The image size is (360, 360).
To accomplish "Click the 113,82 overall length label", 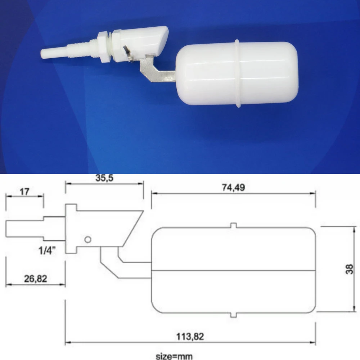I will [190, 337].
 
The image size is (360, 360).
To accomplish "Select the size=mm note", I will [174, 356].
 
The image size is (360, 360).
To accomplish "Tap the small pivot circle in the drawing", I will [87, 239].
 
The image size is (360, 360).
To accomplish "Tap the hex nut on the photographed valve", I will [104, 47].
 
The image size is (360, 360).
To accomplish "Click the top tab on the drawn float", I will [234, 225].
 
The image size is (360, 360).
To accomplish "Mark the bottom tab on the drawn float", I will [234, 315].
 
